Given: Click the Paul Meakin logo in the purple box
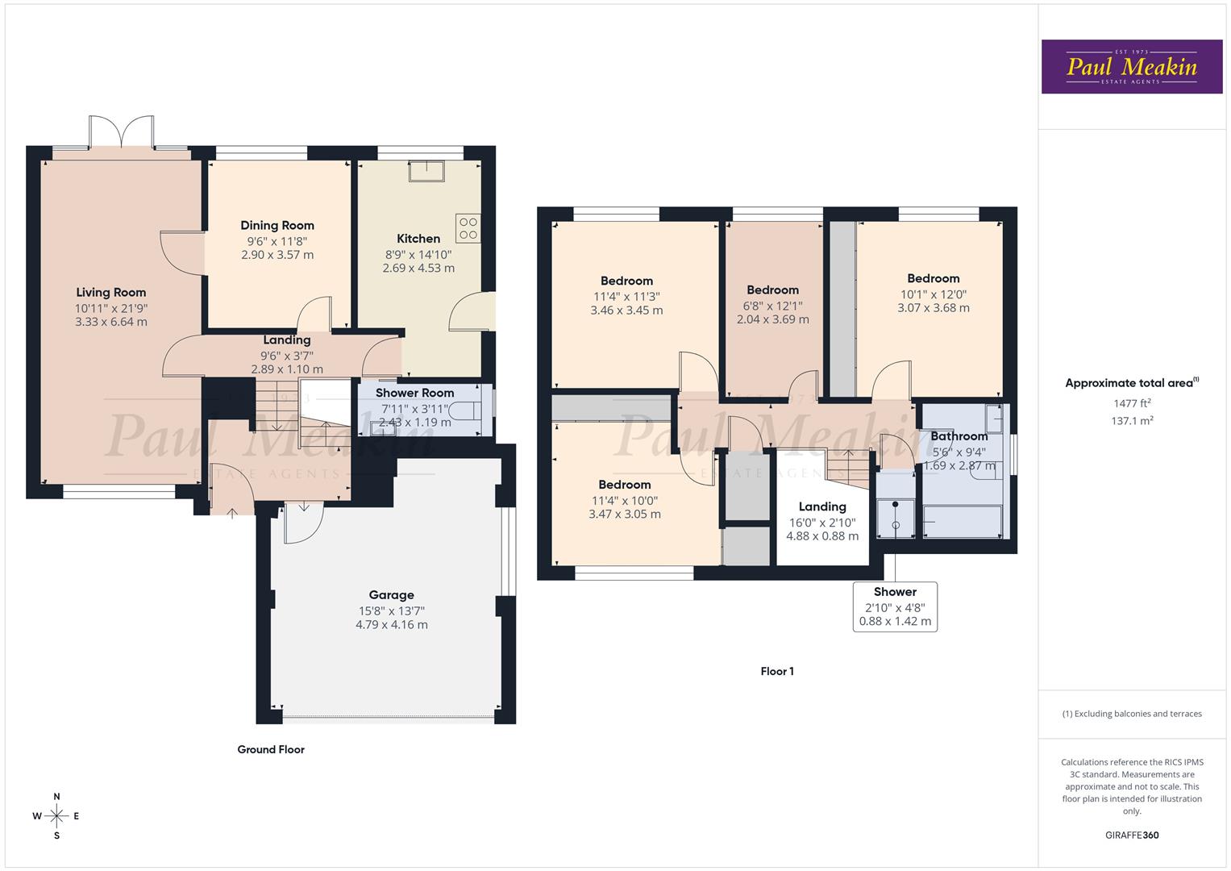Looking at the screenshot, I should [1131, 67].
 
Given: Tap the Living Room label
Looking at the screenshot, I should [111, 293].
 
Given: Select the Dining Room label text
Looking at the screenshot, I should [277, 226].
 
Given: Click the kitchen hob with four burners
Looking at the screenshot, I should [468, 228].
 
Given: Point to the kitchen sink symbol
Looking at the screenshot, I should [427, 172].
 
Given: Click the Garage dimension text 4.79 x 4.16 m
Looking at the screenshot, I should [392, 625].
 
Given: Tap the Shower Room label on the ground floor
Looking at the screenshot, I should [414, 393].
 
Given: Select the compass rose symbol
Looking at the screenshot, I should [56, 815].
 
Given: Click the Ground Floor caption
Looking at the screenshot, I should [271, 750].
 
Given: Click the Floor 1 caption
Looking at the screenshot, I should [777, 671].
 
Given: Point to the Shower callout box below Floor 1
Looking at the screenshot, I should [895, 606].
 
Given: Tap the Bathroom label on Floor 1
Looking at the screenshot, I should [959, 436].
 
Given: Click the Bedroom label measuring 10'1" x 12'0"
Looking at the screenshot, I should [933, 278].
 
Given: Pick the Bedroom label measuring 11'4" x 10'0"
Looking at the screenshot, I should [625, 485].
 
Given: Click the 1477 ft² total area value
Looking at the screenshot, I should [1131, 403].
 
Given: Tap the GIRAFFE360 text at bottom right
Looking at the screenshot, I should [1131, 835].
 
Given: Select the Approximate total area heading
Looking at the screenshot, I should [1131, 383].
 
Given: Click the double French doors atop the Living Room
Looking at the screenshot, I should [122, 132].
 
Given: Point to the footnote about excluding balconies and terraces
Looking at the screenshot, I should [1131, 714].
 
